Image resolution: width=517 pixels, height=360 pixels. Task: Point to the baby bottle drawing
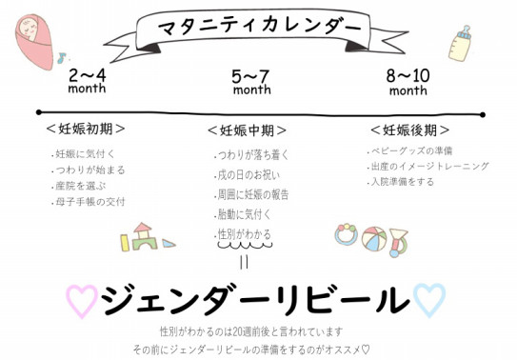[x=464, y=44]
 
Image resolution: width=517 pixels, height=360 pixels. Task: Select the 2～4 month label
[x=87, y=79]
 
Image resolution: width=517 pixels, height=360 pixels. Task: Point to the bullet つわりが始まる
[x=89, y=170]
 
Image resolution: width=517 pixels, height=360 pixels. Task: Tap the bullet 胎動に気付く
[x=245, y=213]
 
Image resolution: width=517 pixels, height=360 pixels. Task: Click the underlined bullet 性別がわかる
[x=245, y=233]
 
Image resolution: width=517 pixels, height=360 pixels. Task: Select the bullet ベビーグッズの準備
[x=411, y=150]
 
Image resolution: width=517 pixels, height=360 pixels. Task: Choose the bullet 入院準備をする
[x=403, y=181]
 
